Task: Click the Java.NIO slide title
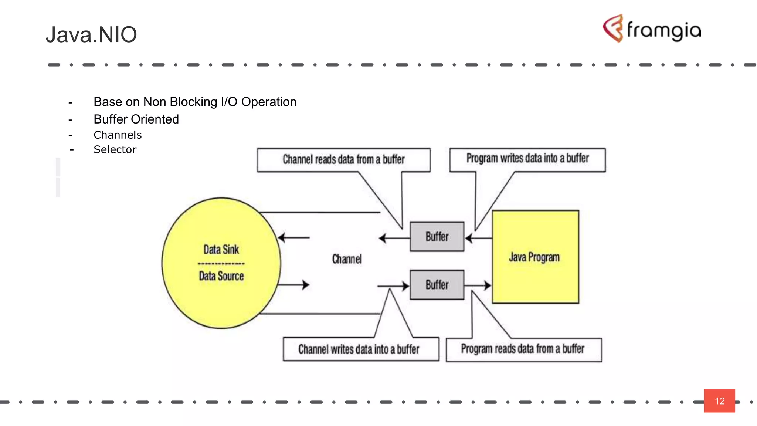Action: click(91, 35)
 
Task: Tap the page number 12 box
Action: click(719, 401)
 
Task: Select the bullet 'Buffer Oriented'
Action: click(136, 119)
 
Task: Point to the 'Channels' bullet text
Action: click(118, 135)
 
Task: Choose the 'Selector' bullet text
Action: click(115, 149)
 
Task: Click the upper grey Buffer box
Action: click(437, 237)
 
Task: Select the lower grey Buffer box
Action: click(437, 285)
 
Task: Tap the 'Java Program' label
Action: click(534, 257)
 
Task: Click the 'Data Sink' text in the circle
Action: click(221, 250)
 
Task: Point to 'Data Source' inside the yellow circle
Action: click(221, 276)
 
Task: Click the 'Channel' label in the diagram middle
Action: click(347, 259)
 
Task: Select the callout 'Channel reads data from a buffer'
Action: click(344, 160)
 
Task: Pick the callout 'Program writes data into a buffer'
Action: click(527, 159)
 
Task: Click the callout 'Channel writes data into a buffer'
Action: click(359, 349)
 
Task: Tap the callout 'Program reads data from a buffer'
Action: click(523, 349)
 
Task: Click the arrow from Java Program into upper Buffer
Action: click(478, 238)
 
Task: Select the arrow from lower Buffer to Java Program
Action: click(478, 285)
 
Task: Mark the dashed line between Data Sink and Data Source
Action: click(221, 264)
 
